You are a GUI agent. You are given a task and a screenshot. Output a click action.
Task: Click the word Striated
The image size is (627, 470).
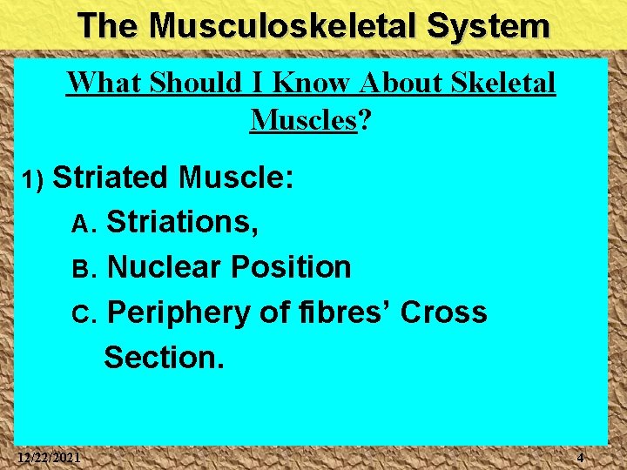coord(111,178)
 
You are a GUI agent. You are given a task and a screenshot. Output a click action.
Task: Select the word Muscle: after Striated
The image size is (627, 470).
coord(236,178)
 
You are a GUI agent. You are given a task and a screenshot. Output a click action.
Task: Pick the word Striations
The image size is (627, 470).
coord(181,223)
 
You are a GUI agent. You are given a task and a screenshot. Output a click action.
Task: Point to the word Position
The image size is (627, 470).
coord(291,267)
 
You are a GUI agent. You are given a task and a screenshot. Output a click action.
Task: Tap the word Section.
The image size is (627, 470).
coord(164,357)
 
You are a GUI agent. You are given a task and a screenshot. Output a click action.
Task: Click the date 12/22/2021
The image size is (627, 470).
coord(50,458)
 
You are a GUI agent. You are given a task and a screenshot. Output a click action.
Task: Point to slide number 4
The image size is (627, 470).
coord(581,458)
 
